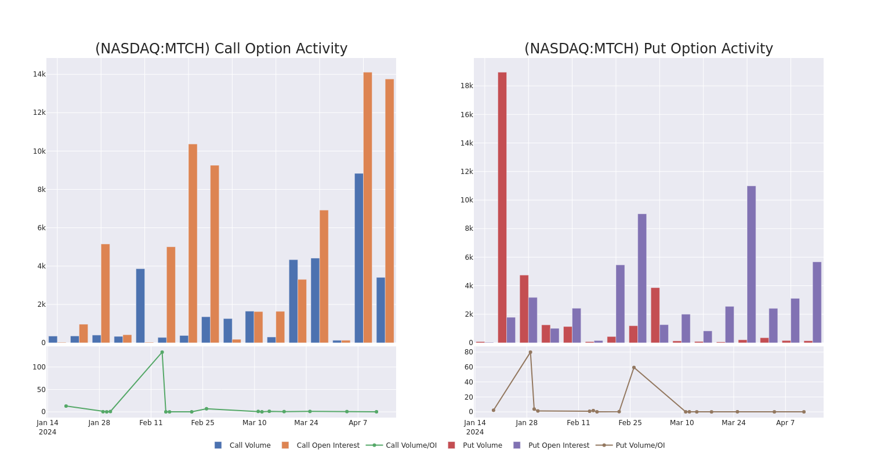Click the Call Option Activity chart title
pos(221,49)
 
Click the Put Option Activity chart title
pos(648,49)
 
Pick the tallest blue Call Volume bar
pos(359,258)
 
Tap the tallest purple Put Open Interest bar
pos(751,264)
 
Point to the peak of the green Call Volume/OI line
pos(162,352)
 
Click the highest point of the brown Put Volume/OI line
pos(530,352)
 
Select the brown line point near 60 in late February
pos(634,367)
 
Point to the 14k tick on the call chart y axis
pos(39,74)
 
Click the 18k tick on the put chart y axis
pos(466,86)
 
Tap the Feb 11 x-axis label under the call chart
pos(151,423)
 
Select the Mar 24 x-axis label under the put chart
pos(734,423)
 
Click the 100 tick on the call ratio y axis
pos(39,367)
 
